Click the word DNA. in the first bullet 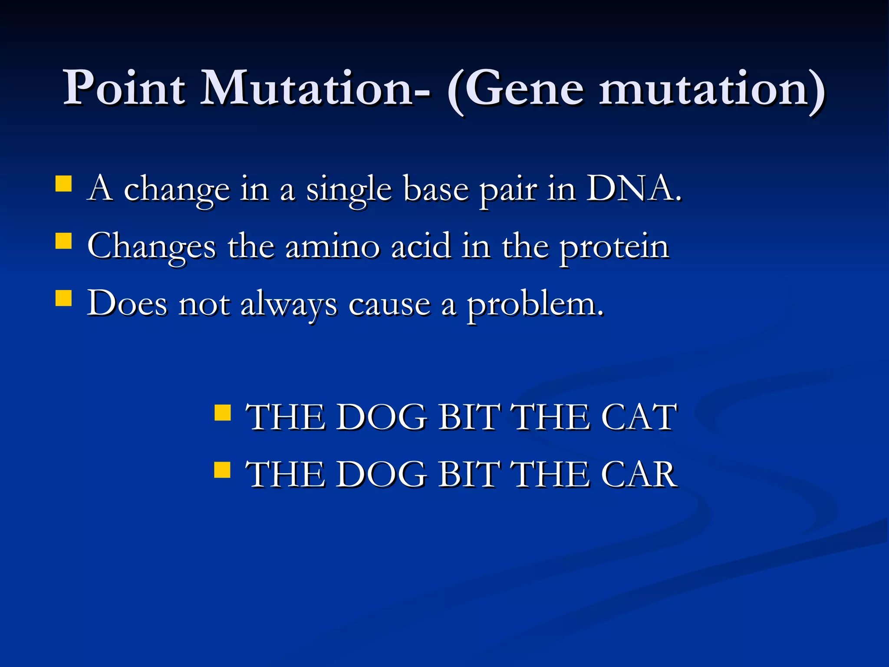tap(634, 189)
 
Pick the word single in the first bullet tap(349, 191)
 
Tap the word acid tap(421, 246)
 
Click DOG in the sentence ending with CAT tap(382, 417)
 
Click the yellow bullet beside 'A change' tap(64, 184)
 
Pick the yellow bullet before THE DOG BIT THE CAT tap(223, 413)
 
